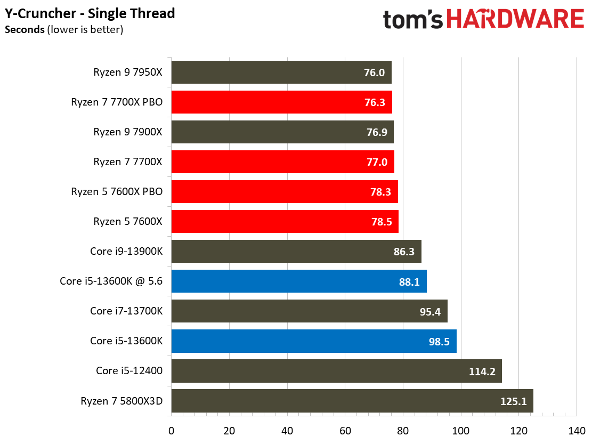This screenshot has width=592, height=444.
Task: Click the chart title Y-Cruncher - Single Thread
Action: coord(90,13)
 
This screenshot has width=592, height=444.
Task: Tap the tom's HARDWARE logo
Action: coord(483,20)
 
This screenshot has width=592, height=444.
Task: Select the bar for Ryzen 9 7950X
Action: coord(281,72)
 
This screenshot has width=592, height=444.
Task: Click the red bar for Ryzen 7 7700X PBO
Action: coord(281,102)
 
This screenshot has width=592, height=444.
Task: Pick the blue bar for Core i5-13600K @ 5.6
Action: coord(298,281)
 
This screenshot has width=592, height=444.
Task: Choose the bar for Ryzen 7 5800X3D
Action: coord(352,401)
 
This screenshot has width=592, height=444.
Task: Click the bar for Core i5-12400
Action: coord(336,371)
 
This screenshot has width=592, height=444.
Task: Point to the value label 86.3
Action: coord(403,252)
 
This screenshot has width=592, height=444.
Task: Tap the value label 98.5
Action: coord(439,341)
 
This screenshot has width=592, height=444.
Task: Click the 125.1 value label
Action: coord(514,401)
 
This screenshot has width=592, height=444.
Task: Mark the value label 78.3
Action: coord(380,192)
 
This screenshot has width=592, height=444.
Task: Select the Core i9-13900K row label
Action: coord(126,251)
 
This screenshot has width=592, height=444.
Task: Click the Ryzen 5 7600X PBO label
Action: coord(117,191)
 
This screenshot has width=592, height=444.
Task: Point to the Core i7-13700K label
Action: coord(126,311)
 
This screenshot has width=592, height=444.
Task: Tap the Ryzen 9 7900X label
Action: coord(128,132)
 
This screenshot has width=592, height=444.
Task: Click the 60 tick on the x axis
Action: coord(345,430)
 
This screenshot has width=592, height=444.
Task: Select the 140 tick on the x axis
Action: coord(577,430)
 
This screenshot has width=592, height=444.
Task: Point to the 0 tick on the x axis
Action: coord(171,430)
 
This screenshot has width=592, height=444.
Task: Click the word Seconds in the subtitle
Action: coord(25,30)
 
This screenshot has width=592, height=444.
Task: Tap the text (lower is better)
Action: coord(85,30)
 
